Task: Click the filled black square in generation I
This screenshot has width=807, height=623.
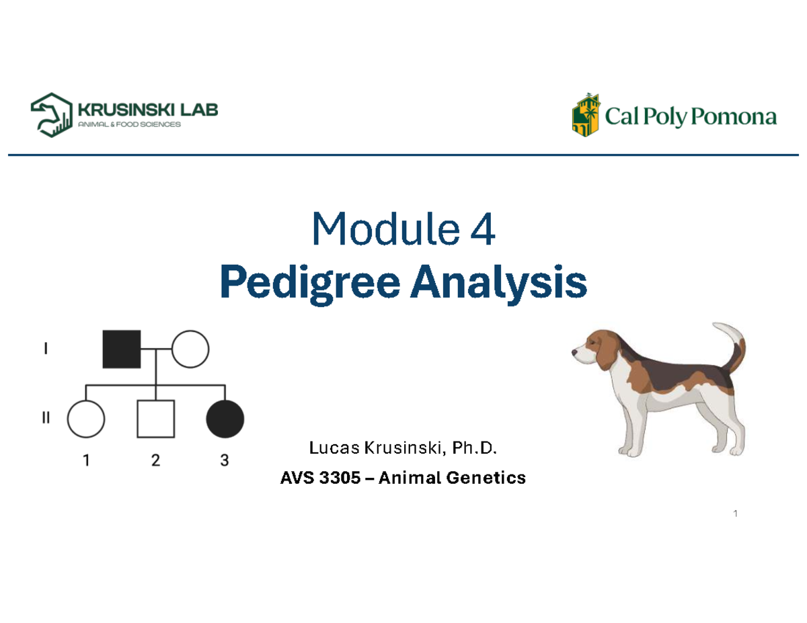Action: coord(121,349)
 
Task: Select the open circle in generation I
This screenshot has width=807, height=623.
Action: coord(190,349)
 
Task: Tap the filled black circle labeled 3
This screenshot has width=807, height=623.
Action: coord(225,418)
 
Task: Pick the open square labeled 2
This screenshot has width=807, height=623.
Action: coord(155,418)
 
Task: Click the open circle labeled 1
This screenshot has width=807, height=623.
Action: coord(86,418)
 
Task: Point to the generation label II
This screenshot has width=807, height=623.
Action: coord(46,418)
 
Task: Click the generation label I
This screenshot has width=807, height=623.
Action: coord(45,349)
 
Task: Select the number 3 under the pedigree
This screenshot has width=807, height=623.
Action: coord(225,460)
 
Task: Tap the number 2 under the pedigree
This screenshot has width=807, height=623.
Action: coord(155,460)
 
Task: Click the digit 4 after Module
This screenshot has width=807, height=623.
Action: coord(484,231)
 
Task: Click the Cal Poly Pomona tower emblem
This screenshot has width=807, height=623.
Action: coord(582,115)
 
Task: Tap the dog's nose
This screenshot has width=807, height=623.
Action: coord(574,351)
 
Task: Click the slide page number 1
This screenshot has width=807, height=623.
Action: coord(736,515)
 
